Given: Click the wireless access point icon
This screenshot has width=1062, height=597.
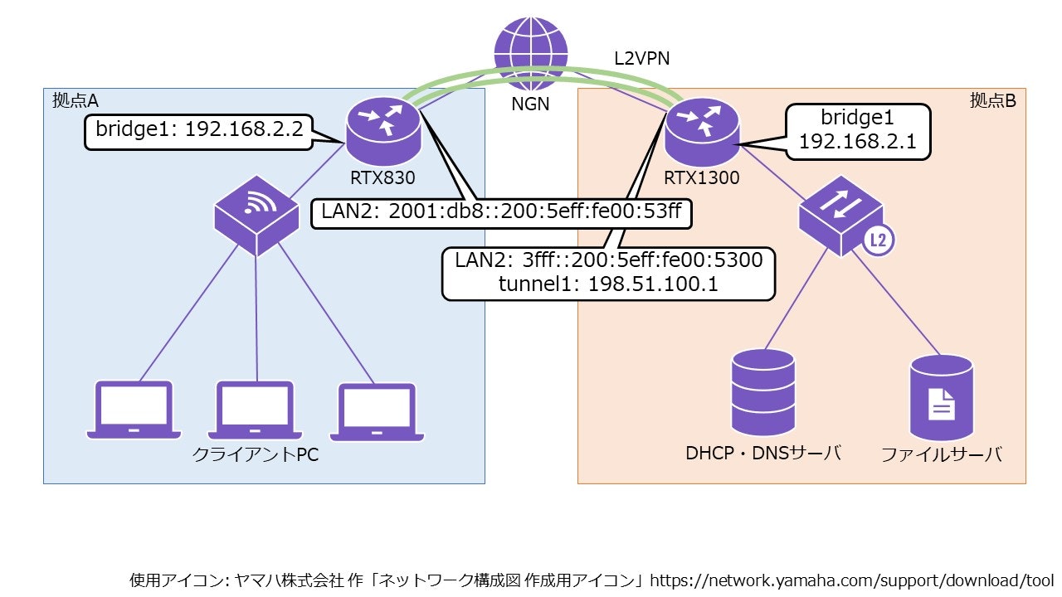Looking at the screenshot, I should click(256, 216).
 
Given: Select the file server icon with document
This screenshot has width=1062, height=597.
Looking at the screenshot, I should click(941, 398).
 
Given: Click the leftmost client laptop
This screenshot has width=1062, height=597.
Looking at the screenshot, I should click(134, 410).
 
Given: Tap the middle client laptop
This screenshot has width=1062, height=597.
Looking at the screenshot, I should click(256, 410).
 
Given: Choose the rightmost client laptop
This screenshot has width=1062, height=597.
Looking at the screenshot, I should click(378, 410).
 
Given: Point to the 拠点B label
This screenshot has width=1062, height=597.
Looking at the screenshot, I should click(992, 100).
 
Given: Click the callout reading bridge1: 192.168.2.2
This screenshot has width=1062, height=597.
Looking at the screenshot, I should click(197, 131).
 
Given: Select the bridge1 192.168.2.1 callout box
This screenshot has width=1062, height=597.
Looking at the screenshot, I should click(856, 129).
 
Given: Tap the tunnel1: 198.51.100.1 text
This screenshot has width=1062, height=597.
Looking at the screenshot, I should click(608, 284).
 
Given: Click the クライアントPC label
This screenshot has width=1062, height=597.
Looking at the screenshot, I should click(255, 455).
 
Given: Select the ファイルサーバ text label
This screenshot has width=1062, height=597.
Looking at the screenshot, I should click(941, 455).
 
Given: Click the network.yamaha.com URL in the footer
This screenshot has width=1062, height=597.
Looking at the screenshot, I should click(850, 580).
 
